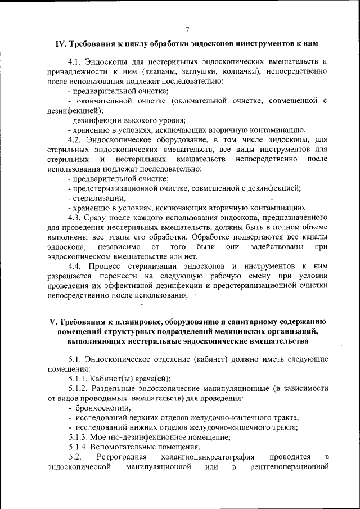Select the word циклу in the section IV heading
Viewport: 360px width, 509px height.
click(x=142, y=43)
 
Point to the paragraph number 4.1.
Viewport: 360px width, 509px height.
click(x=74, y=61)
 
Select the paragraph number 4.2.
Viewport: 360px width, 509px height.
click(x=74, y=139)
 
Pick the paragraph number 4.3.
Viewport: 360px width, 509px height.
click(x=74, y=217)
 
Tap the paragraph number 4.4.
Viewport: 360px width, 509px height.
click(x=74, y=265)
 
